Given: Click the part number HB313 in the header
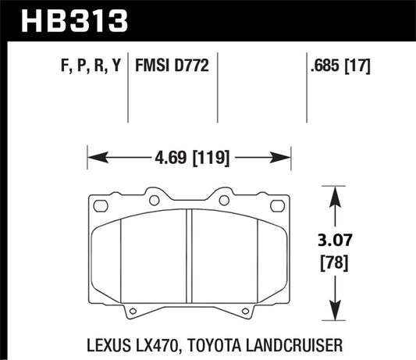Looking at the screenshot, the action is [75, 21].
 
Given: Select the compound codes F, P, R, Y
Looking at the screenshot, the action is [91, 66].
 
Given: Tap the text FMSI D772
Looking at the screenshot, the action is [172, 66].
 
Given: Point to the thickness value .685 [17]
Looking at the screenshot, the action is [340, 66].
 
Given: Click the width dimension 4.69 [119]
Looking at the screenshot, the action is [192, 158].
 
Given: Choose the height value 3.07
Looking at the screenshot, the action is [335, 240].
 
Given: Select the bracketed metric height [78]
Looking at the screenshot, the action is [334, 263].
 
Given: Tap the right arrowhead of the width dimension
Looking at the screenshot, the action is [280, 158].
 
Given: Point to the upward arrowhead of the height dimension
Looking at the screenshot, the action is [335, 197].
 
